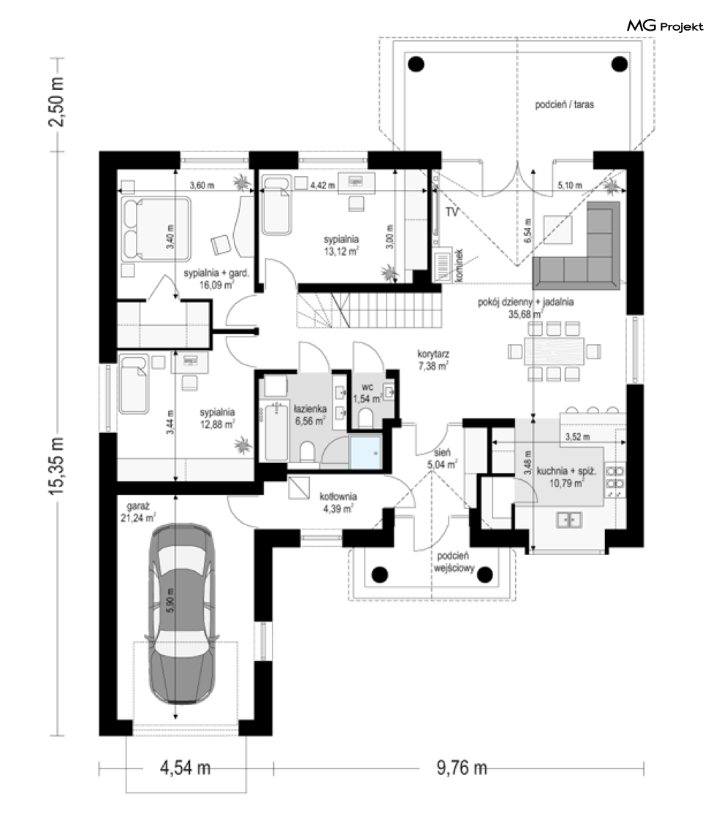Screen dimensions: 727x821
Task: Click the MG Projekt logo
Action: pyautogui.click(x=665, y=26)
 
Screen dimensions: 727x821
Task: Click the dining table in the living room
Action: pyautogui.click(x=554, y=351)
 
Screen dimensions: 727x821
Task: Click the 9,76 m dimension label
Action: pyautogui.click(x=462, y=768)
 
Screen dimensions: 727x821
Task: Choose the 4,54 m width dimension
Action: pyautogui.click(x=185, y=768)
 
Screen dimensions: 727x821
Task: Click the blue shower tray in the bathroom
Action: pyautogui.click(x=365, y=452)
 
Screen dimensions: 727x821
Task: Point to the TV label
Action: pyautogui.click(x=452, y=212)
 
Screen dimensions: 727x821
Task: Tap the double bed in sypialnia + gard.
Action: pyautogui.click(x=156, y=229)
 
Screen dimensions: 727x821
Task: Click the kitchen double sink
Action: pyautogui.click(x=569, y=519)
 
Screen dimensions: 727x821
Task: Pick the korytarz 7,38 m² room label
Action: pyautogui.click(x=433, y=359)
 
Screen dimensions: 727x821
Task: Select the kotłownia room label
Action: pyautogui.click(x=338, y=502)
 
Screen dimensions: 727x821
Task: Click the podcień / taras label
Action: pyautogui.click(x=564, y=104)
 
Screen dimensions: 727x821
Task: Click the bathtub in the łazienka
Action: pyautogui.click(x=276, y=431)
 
